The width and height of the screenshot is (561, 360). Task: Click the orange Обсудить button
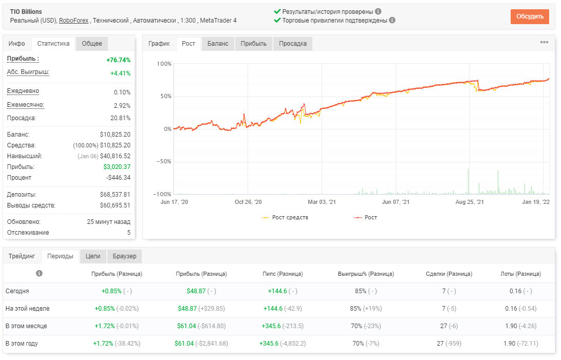point(530,16)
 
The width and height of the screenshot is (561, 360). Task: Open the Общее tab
point(92,44)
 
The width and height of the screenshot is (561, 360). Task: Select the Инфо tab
point(17,44)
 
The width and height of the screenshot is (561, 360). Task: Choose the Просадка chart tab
point(293,44)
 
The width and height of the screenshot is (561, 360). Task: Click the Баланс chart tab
point(218,44)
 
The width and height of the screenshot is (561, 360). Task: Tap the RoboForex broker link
point(73,21)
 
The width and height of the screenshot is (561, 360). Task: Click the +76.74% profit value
point(119,60)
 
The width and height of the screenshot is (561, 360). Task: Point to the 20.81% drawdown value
point(121,118)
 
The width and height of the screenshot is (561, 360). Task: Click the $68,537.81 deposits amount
point(115,195)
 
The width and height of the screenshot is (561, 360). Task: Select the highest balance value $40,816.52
point(115,156)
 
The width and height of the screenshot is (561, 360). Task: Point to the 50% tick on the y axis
point(166,96)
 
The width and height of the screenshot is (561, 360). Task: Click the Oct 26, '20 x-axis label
point(248,202)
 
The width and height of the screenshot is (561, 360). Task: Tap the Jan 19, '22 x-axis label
point(536,202)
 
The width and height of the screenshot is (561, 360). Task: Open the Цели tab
point(93,256)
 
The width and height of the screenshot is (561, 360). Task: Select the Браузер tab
point(124,256)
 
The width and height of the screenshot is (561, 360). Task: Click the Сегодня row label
point(17,291)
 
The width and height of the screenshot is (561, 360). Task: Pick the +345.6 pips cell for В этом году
point(269,344)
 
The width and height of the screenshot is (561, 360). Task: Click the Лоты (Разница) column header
point(520,274)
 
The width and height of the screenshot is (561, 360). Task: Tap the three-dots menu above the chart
point(544,42)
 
